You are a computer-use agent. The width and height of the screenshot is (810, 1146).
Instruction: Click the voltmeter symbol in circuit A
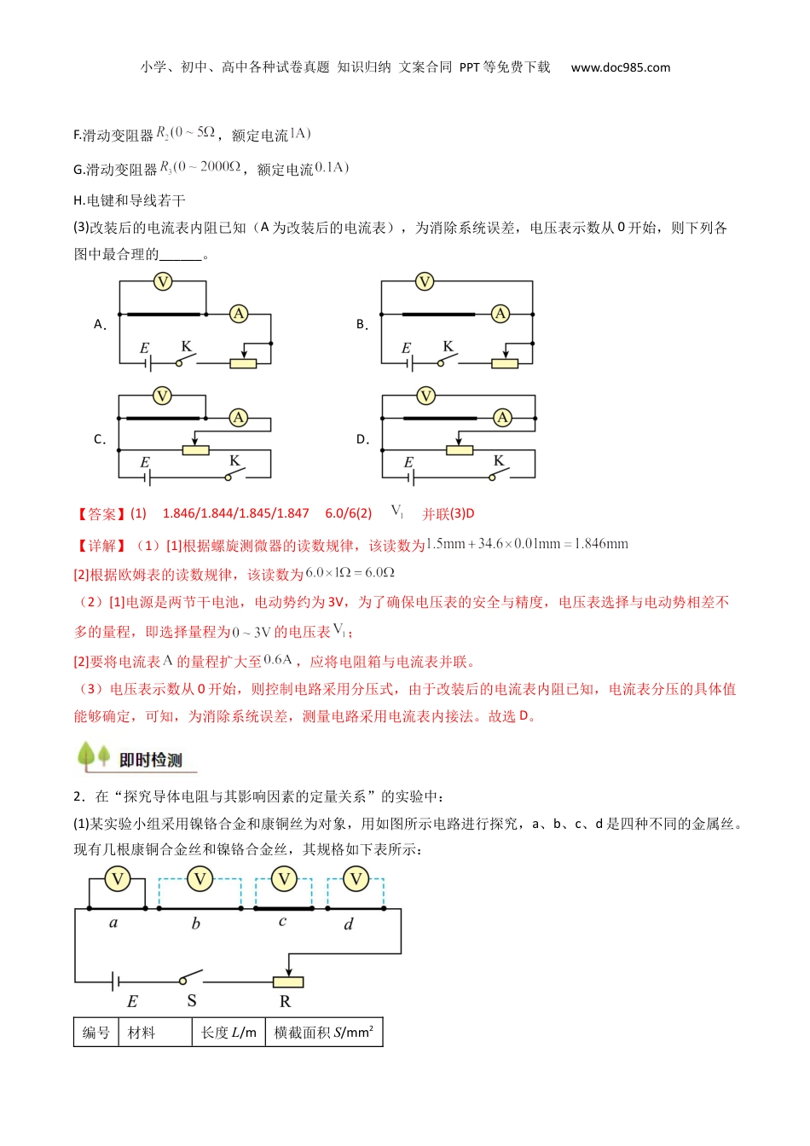click(x=162, y=281)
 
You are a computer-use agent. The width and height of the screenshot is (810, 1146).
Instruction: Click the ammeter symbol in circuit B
click(x=500, y=314)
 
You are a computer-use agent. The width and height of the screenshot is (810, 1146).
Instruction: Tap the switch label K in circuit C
click(x=234, y=460)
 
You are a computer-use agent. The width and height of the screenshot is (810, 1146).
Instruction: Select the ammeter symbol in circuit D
click(x=502, y=417)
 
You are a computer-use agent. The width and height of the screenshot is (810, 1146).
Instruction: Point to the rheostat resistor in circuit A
click(x=243, y=363)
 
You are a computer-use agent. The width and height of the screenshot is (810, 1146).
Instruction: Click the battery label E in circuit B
click(x=406, y=348)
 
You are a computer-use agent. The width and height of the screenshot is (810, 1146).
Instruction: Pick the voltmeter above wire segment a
click(x=118, y=879)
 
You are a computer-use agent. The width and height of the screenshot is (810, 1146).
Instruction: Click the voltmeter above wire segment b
click(x=200, y=879)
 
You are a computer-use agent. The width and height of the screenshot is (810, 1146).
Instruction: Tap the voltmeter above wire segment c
click(x=284, y=879)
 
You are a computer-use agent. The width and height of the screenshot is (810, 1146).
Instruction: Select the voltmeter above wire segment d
click(x=356, y=879)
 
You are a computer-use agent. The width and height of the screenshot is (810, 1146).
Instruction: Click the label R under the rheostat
click(x=285, y=1001)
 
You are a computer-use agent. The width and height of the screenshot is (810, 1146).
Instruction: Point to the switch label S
click(x=192, y=1001)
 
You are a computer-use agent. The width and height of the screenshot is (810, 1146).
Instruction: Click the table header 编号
click(x=95, y=1033)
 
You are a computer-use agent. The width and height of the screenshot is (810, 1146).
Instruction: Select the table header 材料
click(x=142, y=1033)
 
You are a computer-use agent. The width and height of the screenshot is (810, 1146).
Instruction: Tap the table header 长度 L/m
click(x=229, y=1033)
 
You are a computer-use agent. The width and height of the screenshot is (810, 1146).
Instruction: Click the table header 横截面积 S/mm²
click(x=324, y=1033)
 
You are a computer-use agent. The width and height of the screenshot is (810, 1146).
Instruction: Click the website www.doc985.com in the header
click(x=620, y=67)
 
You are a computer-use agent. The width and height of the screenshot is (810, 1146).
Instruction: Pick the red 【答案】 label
click(x=99, y=513)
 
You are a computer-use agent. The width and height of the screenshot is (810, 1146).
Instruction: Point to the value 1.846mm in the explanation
click(x=601, y=544)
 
